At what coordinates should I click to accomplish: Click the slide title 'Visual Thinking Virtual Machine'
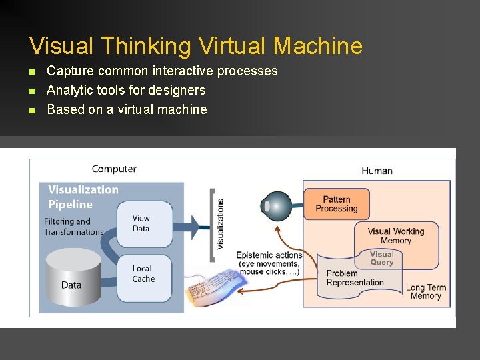[x=196, y=46]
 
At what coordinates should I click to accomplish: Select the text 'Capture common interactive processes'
[x=162, y=71]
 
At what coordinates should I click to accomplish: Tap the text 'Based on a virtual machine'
[x=127, y=109]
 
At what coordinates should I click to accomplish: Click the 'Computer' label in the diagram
[x=114, y=169]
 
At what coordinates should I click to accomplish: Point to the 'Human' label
[x=377, y=171]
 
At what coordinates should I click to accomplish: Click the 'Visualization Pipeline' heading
[x=83, y=196]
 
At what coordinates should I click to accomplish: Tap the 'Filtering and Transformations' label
[x=73, y=227]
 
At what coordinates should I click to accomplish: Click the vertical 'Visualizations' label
[x=221, y=224]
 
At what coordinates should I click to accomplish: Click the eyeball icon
[x=275, y=205]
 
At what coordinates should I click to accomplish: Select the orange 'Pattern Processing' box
[x=336, y=204]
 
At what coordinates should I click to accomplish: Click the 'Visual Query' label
[x=381, y=258]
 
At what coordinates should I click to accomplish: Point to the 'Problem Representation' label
[x=354, y=278]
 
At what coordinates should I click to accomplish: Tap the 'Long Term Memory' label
[x=425, y=292]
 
